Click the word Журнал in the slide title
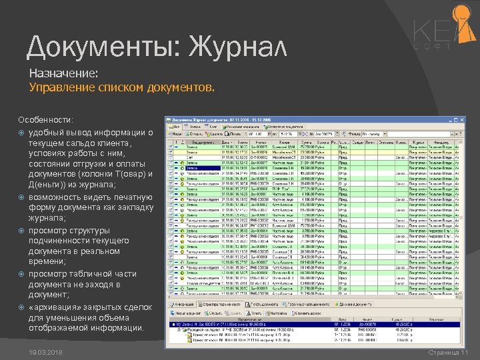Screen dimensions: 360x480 (x=238, y=47)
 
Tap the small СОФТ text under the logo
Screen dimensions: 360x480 (x=433, y=47)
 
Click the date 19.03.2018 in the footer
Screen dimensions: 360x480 (x=46, y=352)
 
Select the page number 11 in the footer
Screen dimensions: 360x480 (x=465, y=352)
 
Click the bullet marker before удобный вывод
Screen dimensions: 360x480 (x=22, y=133)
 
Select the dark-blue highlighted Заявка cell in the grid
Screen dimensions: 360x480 (x=197, y=168)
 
